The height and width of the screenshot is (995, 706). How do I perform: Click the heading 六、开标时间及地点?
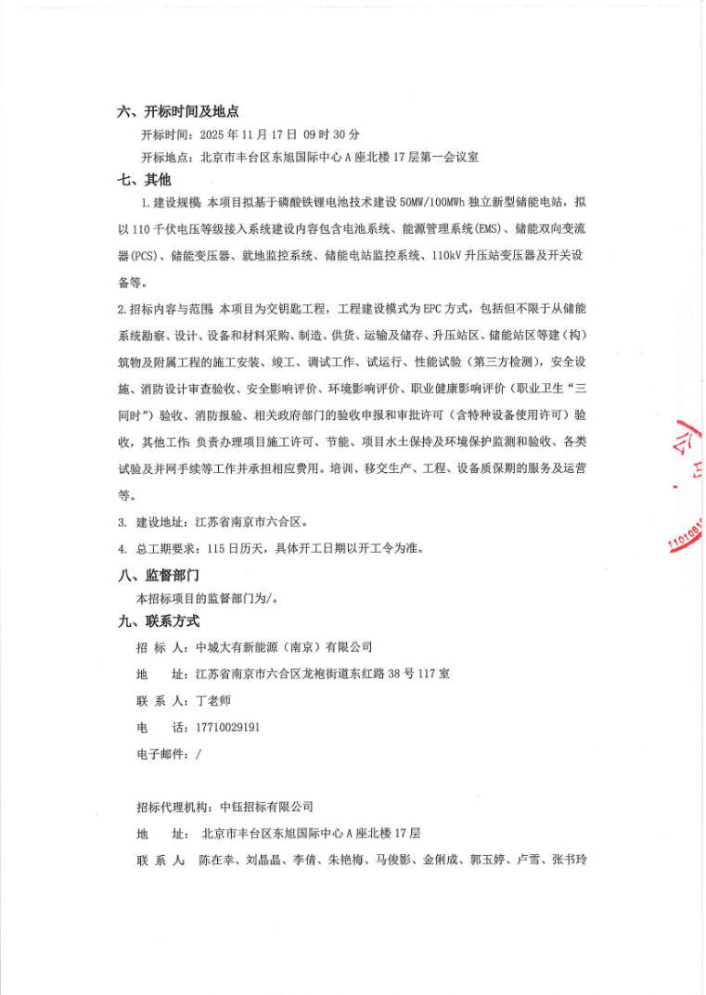pos(178,111)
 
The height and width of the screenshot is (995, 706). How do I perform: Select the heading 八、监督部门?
pos(159,575)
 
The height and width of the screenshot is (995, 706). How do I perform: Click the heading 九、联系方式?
pos(159,621)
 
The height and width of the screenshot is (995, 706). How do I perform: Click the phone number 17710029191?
pos(228,726)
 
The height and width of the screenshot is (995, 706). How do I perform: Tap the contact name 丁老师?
pos(214,700)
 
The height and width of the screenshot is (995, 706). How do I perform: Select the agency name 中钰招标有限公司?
pos(264,807)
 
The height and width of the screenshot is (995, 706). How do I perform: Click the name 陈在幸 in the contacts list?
pos(215,860)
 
